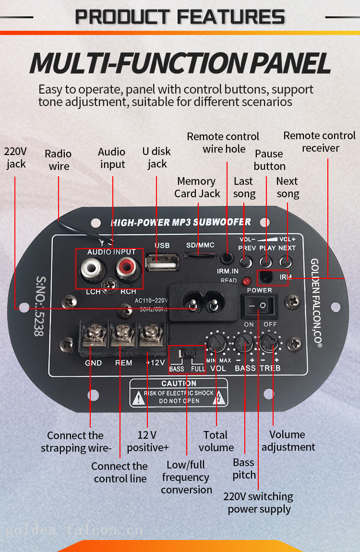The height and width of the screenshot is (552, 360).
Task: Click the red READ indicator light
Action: point(247,281)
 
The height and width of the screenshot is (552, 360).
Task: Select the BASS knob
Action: point(244,343)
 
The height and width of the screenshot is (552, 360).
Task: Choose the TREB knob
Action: point(271,343)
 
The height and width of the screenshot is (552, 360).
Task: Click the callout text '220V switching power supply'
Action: point(259,503)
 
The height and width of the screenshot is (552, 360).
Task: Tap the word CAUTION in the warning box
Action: point(179,384)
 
